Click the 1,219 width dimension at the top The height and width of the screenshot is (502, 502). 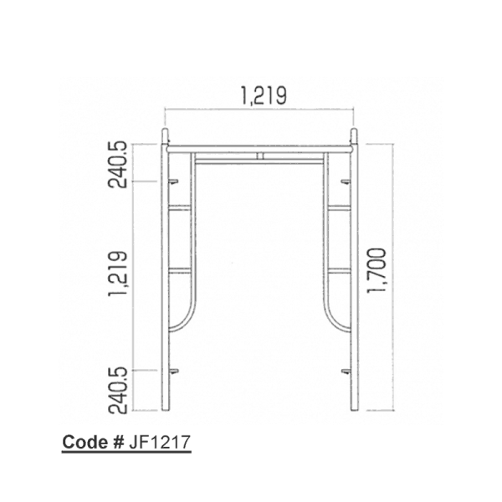[x=264, y=95]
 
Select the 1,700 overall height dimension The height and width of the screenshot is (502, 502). [x=376, y=270]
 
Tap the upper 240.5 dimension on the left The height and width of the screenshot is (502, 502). [x=118, y=165]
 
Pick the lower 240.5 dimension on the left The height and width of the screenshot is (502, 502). [x=118, y=391]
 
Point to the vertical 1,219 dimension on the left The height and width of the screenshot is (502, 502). [x=118, y=274]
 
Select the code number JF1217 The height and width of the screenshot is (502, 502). [x=160, y=442]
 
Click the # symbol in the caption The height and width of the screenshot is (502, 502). [x=118, y=442]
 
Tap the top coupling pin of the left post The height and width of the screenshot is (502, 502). [x=165, y=136]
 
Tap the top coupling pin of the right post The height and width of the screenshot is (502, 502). [x=354, y=136]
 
